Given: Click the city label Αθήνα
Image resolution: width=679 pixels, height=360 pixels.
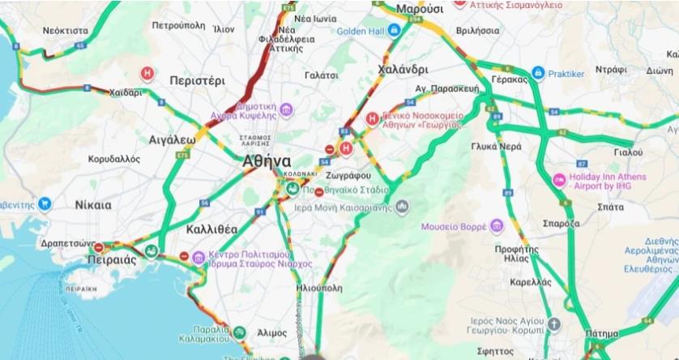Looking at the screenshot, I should (267, 161).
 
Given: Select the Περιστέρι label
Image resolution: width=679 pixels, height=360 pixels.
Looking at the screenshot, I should (198, 81).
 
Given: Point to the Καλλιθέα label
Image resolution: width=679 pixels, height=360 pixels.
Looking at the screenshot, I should (211, 229).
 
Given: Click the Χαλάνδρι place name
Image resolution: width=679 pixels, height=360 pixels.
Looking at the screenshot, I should (404, 69).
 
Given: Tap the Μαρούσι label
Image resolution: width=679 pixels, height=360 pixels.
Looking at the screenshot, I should (420, 9).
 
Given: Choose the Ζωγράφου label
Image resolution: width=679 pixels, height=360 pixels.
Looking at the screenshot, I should (351, 175).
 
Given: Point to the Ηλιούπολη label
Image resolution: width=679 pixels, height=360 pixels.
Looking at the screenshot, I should (320, 287).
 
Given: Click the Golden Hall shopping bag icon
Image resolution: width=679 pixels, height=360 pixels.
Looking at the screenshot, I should (394, 31).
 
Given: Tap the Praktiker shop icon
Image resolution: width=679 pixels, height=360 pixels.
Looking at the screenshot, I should (537, 74).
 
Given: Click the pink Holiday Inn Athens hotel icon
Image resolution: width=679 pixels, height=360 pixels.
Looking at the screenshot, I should (559, 179).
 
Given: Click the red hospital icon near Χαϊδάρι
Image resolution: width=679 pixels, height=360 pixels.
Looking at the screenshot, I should (147, 73).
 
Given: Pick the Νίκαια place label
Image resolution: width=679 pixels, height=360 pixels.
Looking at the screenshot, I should (92, 205).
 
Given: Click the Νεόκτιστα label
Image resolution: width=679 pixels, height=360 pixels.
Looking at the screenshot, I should (66, 30).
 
